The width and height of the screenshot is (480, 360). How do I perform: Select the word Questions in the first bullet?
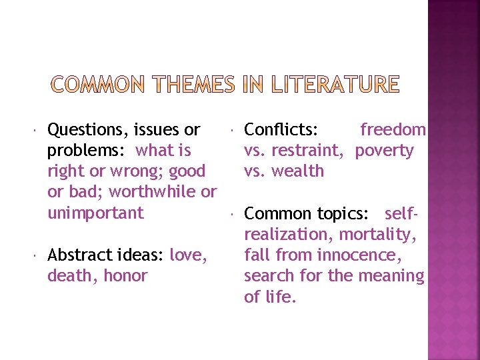(x=87, y=129)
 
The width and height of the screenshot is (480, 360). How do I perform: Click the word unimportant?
(x=95, y=213)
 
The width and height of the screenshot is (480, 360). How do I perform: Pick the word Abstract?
(x=75, y=255)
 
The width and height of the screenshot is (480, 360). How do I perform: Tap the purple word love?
(x=188, y=255)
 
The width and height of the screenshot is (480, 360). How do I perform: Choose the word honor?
(x=125, y=275)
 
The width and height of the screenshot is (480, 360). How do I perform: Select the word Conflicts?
(x=281, y=129)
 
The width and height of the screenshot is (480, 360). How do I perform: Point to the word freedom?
(x=393, y=129)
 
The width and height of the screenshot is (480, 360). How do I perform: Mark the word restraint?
(x=313, y=151)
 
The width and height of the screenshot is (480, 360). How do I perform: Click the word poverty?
(x=384, y=150)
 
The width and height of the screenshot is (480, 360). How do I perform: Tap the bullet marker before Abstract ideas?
(x=37, y=255)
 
